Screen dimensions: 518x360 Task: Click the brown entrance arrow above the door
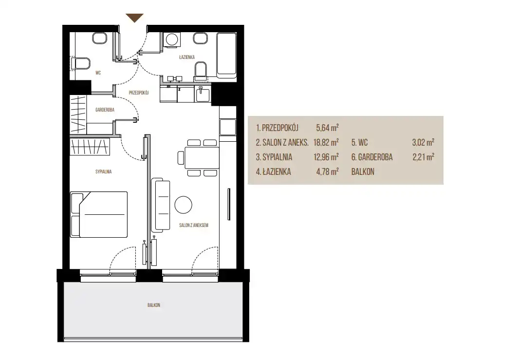(134, 18)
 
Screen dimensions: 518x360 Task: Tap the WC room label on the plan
(98, 73)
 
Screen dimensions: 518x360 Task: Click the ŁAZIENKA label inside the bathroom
(187, 57)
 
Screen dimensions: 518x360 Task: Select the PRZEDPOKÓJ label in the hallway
(139, 93)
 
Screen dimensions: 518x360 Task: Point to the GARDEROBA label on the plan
(105, 110)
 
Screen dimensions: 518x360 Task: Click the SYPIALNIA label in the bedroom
(103, 171)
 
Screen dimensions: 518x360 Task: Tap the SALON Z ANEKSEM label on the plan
(194, 225)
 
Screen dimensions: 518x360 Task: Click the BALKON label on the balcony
(154, 305)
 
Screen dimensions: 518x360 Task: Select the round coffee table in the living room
(184, 205)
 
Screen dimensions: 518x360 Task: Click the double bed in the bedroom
(99, 214)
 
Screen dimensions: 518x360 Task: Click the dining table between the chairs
(202, 158)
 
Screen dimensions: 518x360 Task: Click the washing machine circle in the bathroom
(172, 40)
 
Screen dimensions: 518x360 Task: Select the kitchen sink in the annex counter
(203, 94)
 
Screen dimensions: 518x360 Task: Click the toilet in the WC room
(81, 64)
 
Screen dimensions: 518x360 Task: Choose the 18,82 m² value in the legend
(326, 142)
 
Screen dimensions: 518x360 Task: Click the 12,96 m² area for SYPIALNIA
(326, 157)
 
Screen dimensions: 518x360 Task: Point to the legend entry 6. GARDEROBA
(372, 157)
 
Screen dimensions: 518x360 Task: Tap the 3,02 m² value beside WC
(423, 142)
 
